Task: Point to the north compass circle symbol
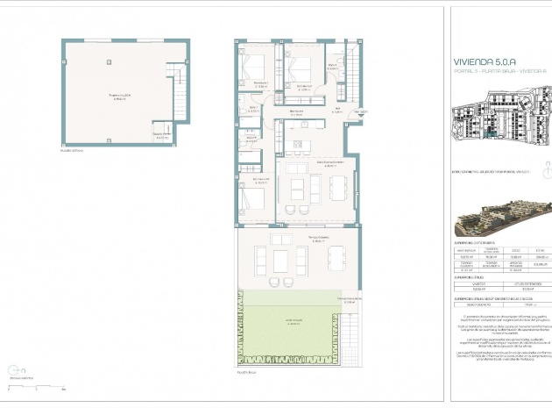click(11, 369)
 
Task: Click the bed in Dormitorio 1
click(255, 69)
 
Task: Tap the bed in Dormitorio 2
click(301, 69)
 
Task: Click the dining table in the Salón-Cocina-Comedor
click(337, 187)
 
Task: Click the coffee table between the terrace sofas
click(280, 261)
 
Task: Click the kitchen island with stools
click(301, 145)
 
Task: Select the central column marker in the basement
click(108, 61)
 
